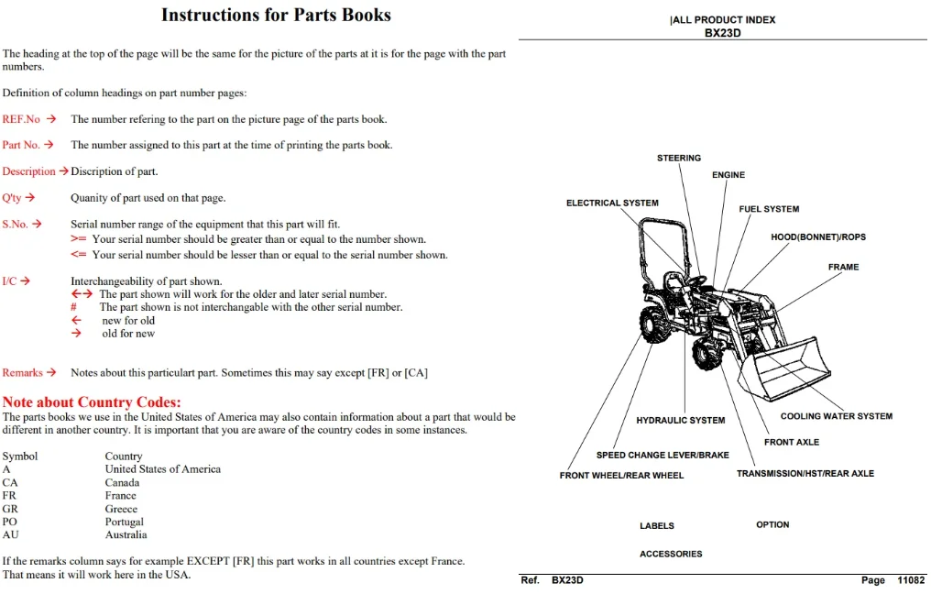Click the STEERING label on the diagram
click(x=679, y=158)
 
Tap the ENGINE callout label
click(x=728, y=175)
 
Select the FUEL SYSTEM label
click(x=769, y=209)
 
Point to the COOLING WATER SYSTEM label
click(x=836, y=416)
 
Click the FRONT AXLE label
click(x=792, y=442)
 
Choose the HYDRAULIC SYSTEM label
click(x=681, y=421)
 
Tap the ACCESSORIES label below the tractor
click(x=671, y=555)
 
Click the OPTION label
click(x=772, y=525)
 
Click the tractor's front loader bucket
click(x=783, y=368)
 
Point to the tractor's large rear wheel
click(x=656, y=324)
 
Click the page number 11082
click(x=911, y=580)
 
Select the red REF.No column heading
click(x=21, y=119)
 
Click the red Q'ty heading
click(x=12, y=198)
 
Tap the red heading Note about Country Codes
click(x=92, y=402)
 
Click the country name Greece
click(x=121, y=509)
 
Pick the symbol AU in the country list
click(x=11, y=534)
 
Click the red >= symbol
click(x=79, y=238)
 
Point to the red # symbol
click(x=73, y=307)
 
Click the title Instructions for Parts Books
click(x=276, y=15)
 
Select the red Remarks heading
click(x=23, y=372)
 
